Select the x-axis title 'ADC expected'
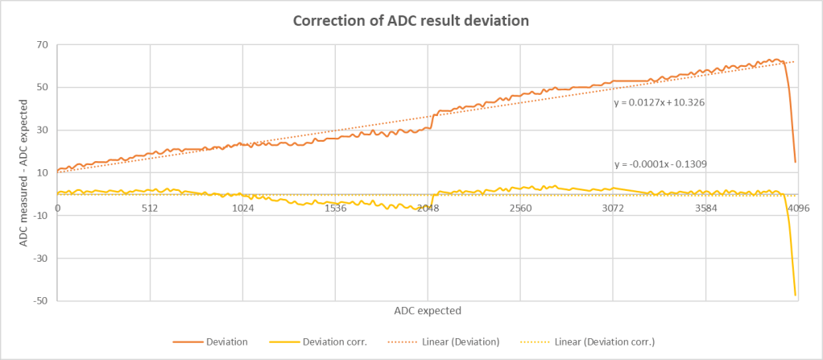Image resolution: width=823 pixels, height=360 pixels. point(428,310)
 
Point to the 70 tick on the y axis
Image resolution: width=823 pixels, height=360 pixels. point(40,45)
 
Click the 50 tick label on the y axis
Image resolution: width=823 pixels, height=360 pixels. point(40,88)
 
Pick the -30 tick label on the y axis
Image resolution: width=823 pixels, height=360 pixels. point(39,259)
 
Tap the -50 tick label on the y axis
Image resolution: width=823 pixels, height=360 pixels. point(39,301)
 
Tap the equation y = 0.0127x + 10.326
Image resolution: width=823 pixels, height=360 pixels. point(660,103)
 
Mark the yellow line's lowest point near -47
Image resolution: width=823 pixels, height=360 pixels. point(795,295)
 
